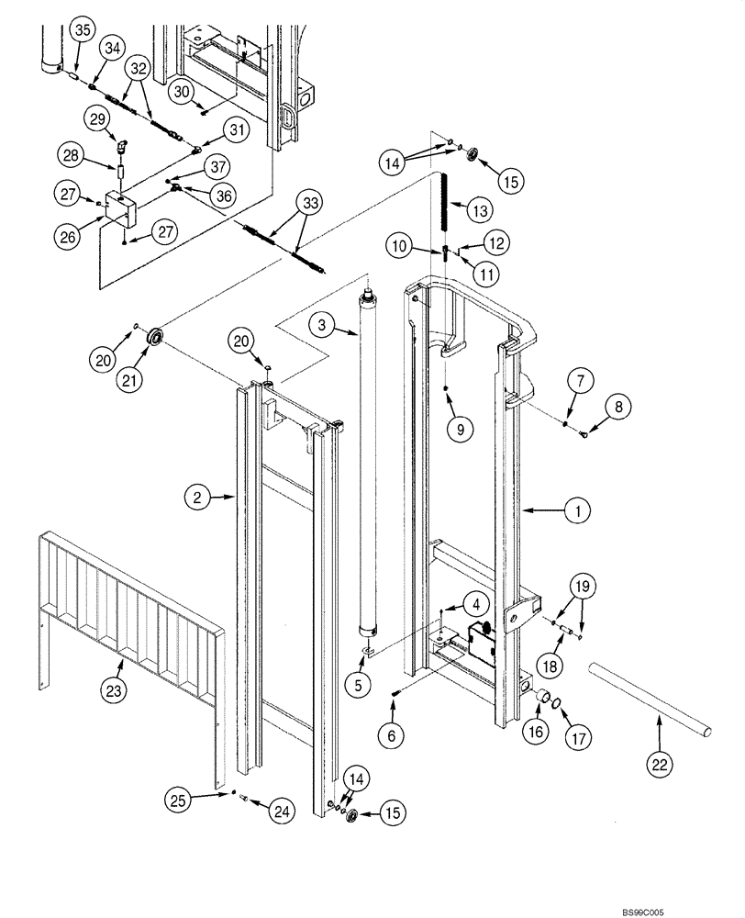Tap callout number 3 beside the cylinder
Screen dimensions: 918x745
tap(321, 323)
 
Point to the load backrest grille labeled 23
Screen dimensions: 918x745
tap(128, 615)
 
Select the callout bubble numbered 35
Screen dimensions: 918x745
tap(83, 30)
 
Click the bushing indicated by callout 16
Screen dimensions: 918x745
tap(542, 701)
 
